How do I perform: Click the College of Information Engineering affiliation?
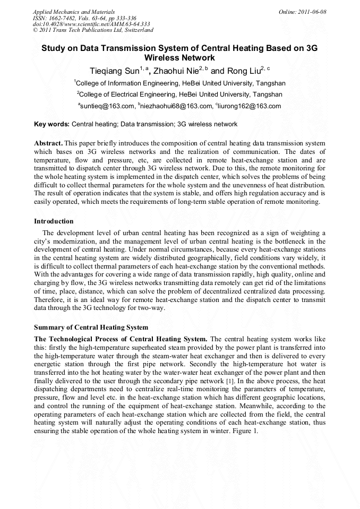click(x=180, y=83)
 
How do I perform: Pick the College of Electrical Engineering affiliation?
click(x=180, y=94)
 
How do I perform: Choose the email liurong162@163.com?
click(x=248, y=106)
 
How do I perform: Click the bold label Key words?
click(x=52, y=124)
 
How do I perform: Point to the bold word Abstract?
click(x=49, y=144)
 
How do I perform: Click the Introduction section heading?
click(x=54, y=221)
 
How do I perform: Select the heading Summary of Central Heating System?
click(x=91, y=327)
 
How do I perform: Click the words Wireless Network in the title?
click(x=179, y=57)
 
